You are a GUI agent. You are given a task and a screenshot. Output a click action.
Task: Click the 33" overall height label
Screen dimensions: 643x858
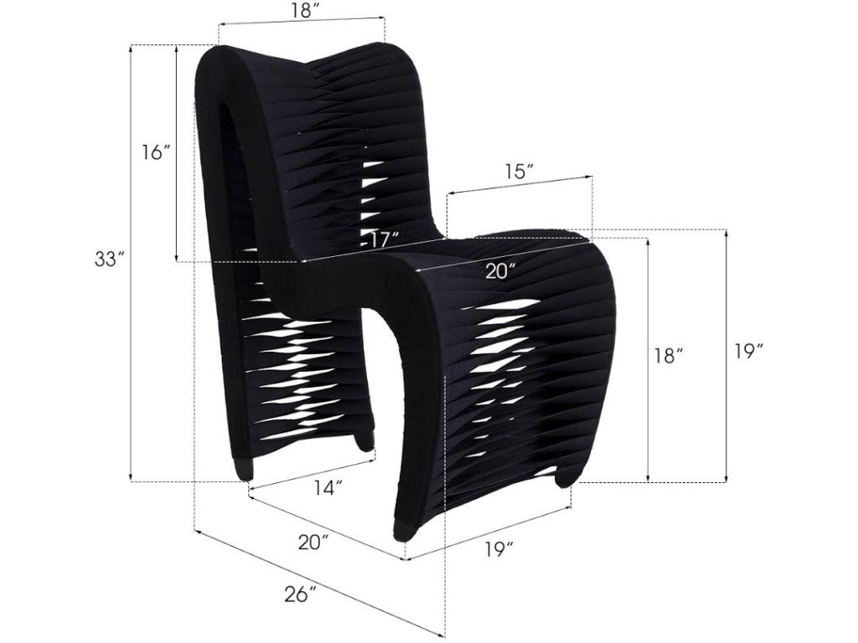point(109,260)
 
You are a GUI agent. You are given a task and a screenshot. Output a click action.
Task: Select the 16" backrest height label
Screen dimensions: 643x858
point(156,152)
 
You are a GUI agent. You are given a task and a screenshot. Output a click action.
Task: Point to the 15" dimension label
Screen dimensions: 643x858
point(519,172)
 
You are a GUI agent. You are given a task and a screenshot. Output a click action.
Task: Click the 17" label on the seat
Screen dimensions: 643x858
point(383,240)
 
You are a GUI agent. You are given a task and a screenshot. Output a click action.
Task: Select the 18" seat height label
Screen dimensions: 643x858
point(669,355)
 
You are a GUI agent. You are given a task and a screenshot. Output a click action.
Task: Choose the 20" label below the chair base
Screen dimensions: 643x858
point(314,543)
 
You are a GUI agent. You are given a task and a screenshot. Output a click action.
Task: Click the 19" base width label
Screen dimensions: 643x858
point(498,549)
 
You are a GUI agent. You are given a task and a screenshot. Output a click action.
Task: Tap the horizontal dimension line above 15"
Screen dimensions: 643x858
point(519,186)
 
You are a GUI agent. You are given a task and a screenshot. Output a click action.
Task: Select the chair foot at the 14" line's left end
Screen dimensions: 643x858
point(244,471)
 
